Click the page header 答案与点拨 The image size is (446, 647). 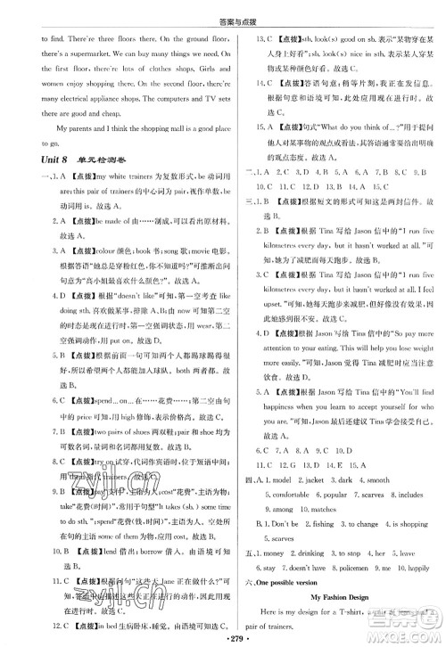(x=223, y=10)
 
